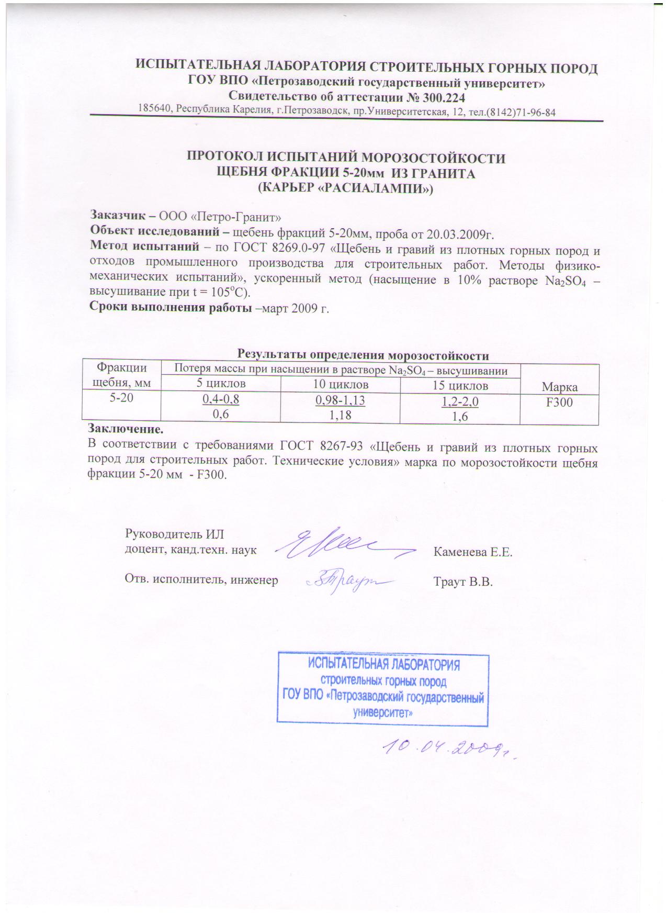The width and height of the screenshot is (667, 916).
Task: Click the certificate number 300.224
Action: point(438,97)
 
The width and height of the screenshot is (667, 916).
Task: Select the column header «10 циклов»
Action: point(340,385)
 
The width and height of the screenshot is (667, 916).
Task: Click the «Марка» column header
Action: point(560,387)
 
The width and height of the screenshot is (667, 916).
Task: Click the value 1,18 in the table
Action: point(340,415)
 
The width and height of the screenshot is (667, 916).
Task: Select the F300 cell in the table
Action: point(559,402)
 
